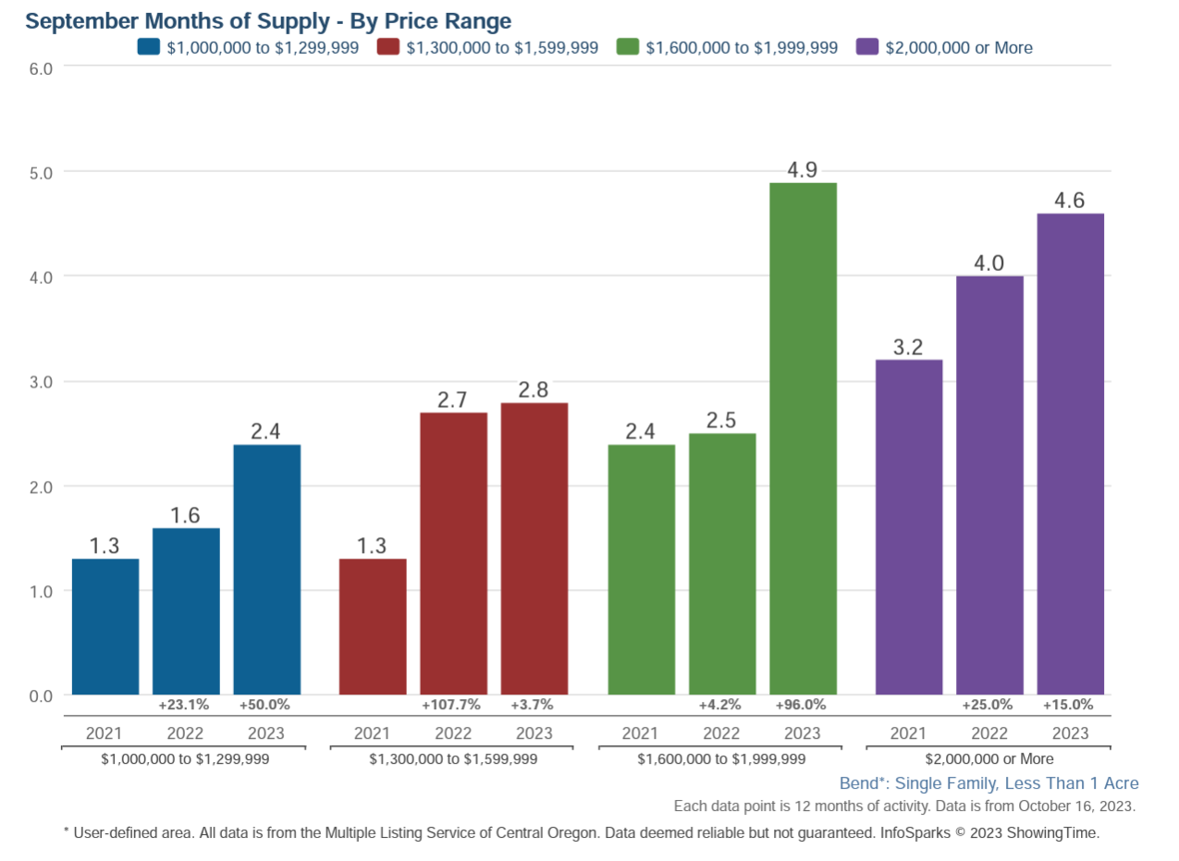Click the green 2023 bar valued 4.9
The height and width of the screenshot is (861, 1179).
coord(803,438)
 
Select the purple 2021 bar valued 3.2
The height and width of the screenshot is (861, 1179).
coord(909,527)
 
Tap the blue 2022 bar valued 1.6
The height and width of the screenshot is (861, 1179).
coord(186,611)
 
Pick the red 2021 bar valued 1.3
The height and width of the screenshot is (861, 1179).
coord(373,626)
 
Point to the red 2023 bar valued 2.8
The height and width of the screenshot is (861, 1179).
coord(534,548)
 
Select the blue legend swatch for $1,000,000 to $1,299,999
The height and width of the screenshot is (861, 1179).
coord(149,47)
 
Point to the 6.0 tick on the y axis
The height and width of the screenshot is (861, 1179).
coord(41,68)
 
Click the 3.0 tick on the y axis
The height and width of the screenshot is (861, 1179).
coord(41,381)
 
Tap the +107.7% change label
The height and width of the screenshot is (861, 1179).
coord(451,705)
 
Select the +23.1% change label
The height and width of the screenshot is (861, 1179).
coord(183,705)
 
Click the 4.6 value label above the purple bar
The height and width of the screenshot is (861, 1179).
coord(1070,200)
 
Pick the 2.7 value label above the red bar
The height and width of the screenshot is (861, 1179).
coord(453,400)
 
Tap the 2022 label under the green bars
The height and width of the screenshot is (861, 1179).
coord(721,733)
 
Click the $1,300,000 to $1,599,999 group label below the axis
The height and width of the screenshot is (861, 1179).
coord(453,758)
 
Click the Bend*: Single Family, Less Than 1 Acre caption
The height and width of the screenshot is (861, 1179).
coord(989,783)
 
